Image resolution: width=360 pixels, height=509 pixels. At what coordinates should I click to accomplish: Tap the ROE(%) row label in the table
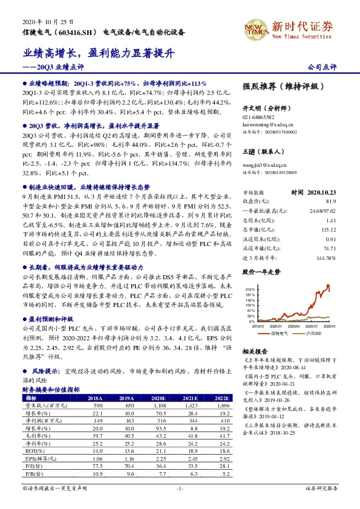[36, 450]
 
